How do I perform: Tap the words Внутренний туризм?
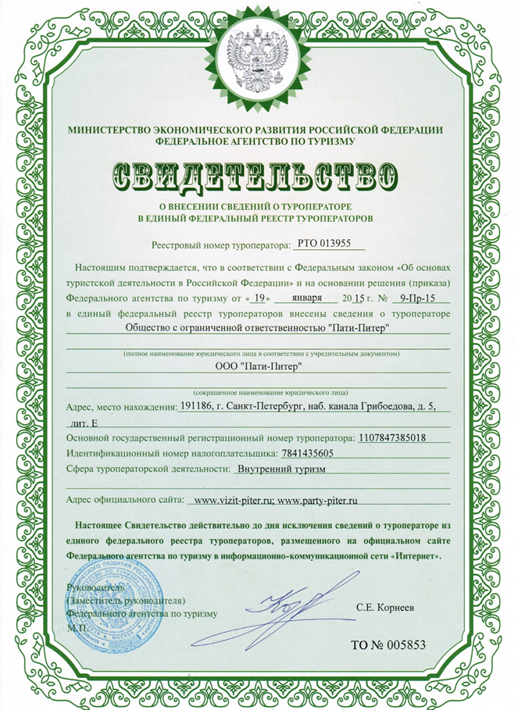(x=280, y=469)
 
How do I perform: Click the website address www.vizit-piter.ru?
(x=231, y=498)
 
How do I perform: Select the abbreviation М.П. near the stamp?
(x=77, y=626)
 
